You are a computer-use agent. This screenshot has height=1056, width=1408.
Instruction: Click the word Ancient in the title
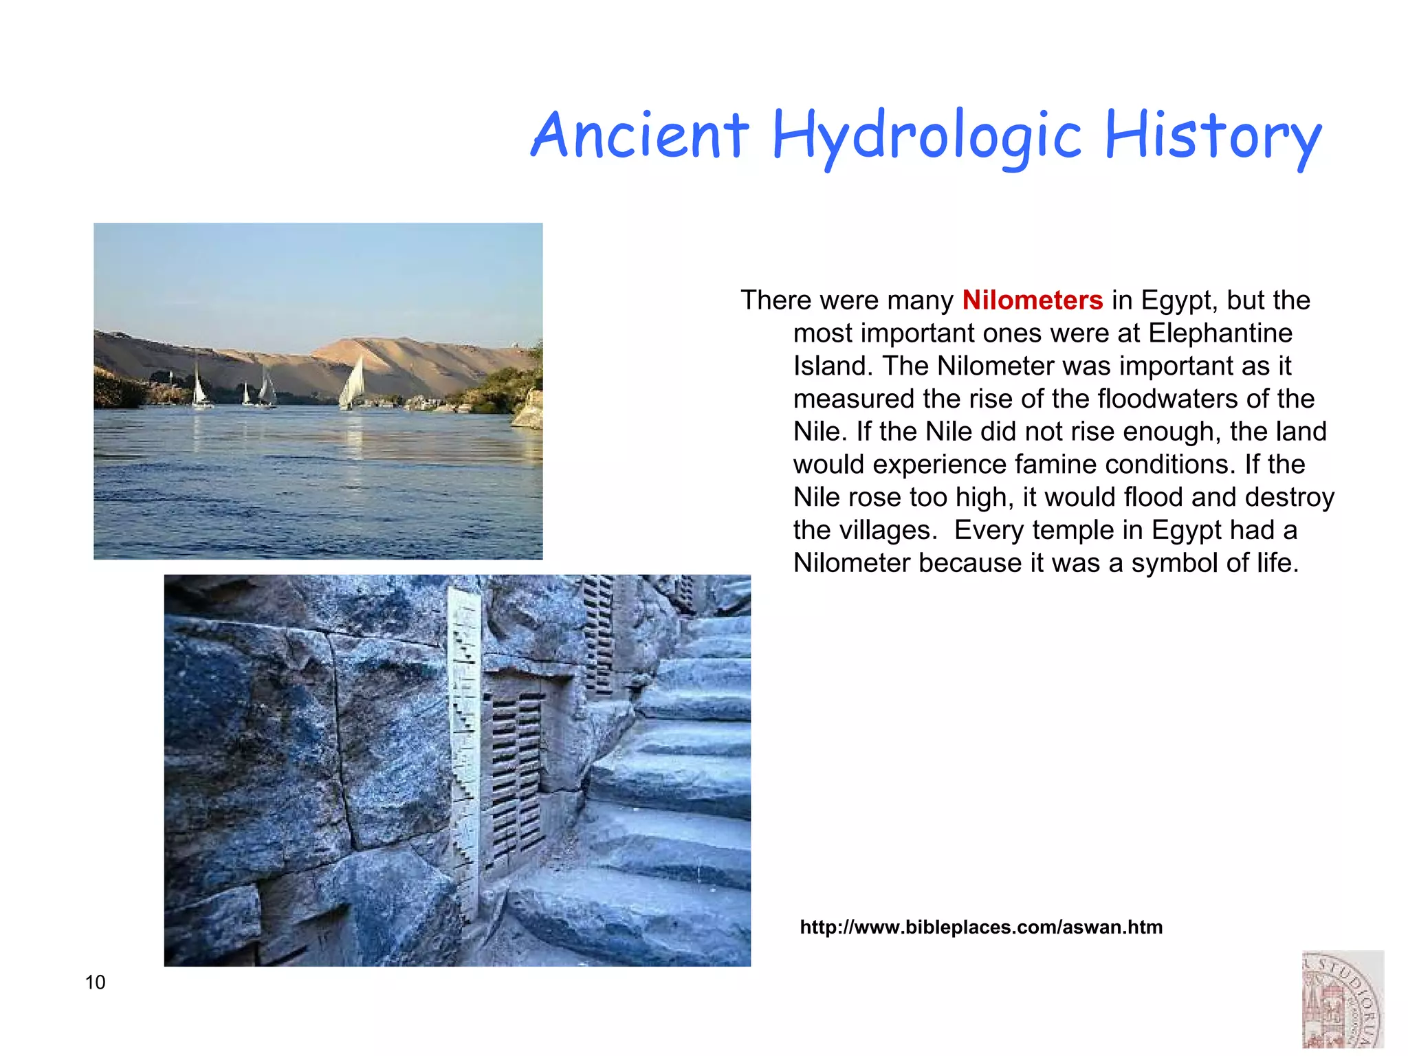coord(639,135)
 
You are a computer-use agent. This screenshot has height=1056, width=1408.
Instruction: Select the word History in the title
coord(1213,136)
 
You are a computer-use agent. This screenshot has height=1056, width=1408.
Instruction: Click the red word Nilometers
coord(1032,300)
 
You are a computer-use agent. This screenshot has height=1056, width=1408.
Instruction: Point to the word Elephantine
coord(1220,333)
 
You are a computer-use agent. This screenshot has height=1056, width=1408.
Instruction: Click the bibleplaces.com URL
coord(981,927)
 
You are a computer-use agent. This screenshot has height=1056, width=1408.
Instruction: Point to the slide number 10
coord(96,982)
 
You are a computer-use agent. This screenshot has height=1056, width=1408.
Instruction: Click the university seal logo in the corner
coord(1342,1001)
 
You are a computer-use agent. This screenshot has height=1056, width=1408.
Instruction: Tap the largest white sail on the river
coord(353,384)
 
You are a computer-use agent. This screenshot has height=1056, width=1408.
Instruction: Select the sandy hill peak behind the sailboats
coord(364,341)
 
